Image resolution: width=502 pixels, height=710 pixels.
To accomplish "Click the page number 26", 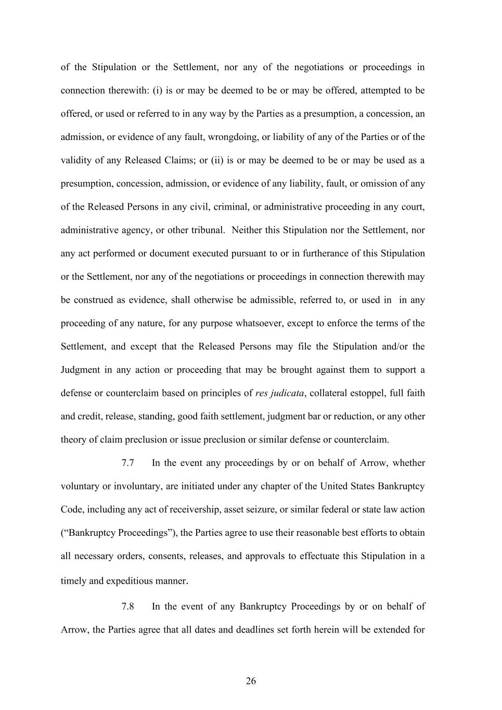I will (x=251, y=681).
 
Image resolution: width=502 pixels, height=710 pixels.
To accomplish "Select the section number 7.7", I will (x=128, y=463).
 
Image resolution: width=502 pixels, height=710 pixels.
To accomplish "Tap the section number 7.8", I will (x=128, y=606).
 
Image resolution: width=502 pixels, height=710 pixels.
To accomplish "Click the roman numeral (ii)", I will (x=217, y=160).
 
